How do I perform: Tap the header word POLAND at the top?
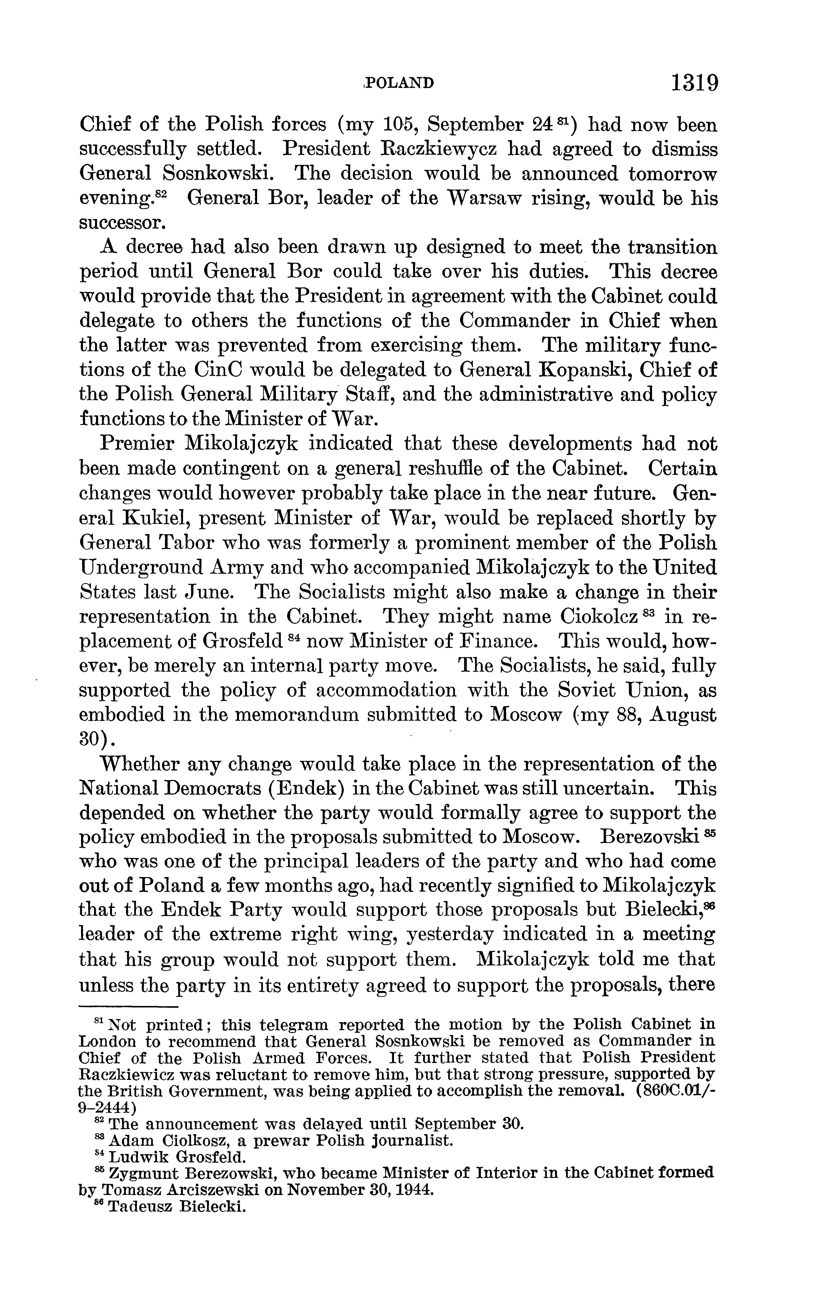click(x=399, y=83)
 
